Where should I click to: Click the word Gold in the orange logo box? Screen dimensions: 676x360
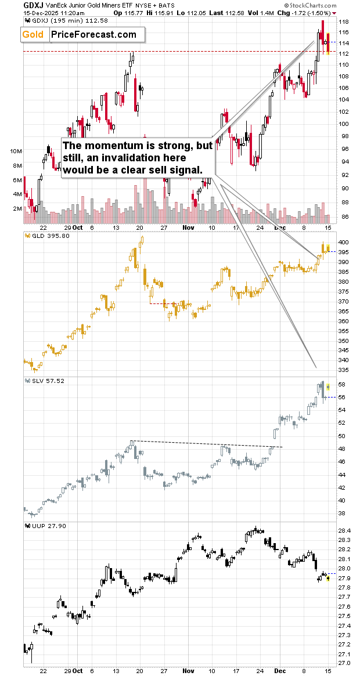coord(33,35)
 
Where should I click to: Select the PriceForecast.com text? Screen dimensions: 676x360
coord(93,35)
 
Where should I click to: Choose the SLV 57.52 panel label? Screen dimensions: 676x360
coord(45,381)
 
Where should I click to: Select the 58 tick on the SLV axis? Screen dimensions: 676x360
coord(342,385)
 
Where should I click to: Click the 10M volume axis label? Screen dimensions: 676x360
coord(16,151)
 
